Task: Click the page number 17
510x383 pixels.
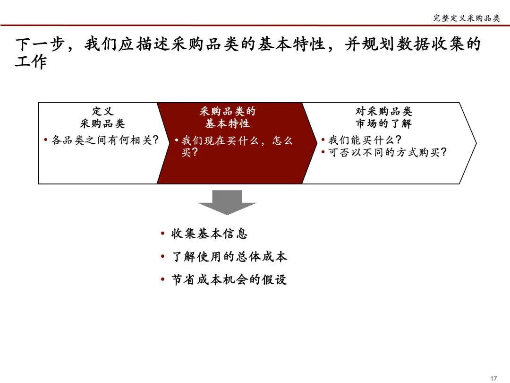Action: [x=494, y=378]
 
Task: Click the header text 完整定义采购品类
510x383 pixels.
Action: [x=466, y=18]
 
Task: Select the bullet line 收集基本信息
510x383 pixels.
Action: [x=209, y=234]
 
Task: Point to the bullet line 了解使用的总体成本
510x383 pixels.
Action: [x=229, y=257]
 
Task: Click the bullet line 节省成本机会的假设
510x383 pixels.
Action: [x=229, y=279]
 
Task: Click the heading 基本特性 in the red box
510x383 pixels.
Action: [x=227, y=124]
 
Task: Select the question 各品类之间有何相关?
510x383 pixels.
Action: [x=104, y=140]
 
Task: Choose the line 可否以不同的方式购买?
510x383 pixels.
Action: [x=387, y=152]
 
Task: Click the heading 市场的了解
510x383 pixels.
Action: [x=383, y=124]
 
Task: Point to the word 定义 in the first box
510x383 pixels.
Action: [x=102, y=112]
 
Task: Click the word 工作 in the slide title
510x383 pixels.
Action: [x=31, y=62]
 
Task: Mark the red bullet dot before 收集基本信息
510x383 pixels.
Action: [x=162, y=234]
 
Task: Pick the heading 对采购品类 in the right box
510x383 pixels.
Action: [x=383, y=112]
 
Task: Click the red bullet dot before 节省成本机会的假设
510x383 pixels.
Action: [x=162, y=280]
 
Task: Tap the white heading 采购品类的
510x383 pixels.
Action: [x=227, y=112]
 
